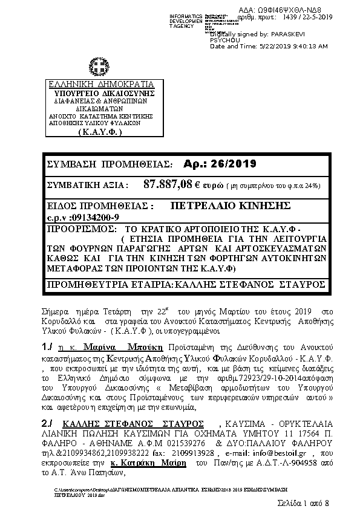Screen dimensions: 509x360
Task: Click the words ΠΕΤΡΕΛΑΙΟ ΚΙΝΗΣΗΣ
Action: point(232,206)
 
